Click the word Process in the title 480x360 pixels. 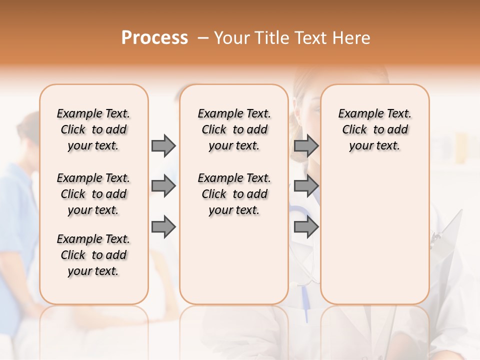tap(154, 38)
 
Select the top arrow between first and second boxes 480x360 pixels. tap(163, 145)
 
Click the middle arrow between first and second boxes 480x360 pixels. tap(163, 186)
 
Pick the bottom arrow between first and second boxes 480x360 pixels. tap(163, 227)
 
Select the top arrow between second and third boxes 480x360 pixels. tap(306, 145)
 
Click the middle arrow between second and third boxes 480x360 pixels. tap(306, 186)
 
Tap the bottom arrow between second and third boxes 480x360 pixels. tap(306, 227)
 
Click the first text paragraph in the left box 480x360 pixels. tap(93, 129)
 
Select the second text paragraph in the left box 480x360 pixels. tap(93, 194)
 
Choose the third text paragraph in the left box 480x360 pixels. tap(93, 255)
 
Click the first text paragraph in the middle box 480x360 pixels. tap(234, 129)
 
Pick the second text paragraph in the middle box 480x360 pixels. tap(234, 194)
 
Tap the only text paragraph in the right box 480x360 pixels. tap(375, 129)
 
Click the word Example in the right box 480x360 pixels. tap(358, 114)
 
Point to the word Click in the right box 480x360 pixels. tap(354, 130)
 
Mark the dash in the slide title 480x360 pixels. tap(202, 38)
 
